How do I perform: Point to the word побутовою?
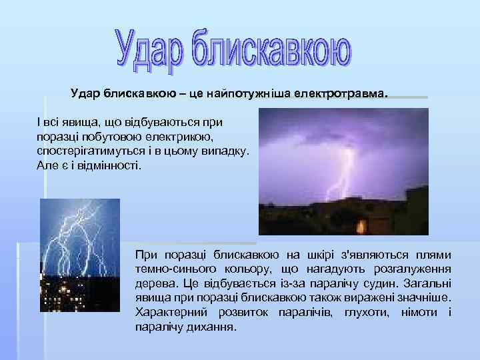tap(112, 137)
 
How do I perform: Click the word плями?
tap(433, 255)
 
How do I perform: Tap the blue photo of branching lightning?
tap(80, 247)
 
